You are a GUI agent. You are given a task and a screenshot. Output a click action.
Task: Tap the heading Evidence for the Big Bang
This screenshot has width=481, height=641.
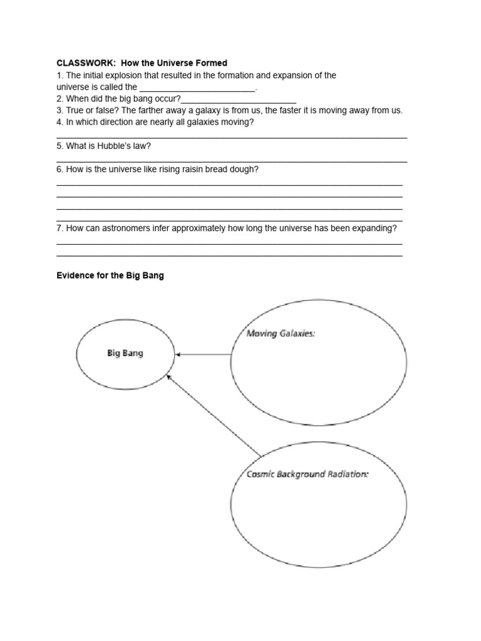110,275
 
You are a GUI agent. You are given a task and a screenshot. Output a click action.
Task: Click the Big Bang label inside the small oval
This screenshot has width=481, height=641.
125,353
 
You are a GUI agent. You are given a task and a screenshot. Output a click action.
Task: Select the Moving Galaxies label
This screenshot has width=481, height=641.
280,334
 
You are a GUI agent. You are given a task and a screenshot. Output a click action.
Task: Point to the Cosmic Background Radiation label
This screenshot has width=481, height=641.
307,474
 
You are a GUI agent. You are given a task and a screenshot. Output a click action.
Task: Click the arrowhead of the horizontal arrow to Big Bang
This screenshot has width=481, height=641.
178,355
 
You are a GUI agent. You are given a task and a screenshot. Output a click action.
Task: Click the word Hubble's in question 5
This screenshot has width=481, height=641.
112,146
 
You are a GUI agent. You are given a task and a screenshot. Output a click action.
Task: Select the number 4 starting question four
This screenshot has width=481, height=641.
59,122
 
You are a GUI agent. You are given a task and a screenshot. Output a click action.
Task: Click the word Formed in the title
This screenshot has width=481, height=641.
212,63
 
